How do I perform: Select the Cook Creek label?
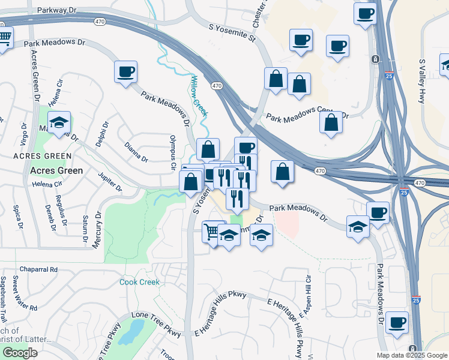(139, 282)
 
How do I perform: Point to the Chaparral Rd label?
(37, 270)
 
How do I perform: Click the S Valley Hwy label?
(423, 82)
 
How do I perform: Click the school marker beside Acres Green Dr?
(59, 124)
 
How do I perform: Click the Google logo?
(20, 353)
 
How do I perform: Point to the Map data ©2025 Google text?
(411, 355)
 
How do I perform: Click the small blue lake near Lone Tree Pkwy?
(131, 332)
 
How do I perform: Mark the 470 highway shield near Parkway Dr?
(99, 22)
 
